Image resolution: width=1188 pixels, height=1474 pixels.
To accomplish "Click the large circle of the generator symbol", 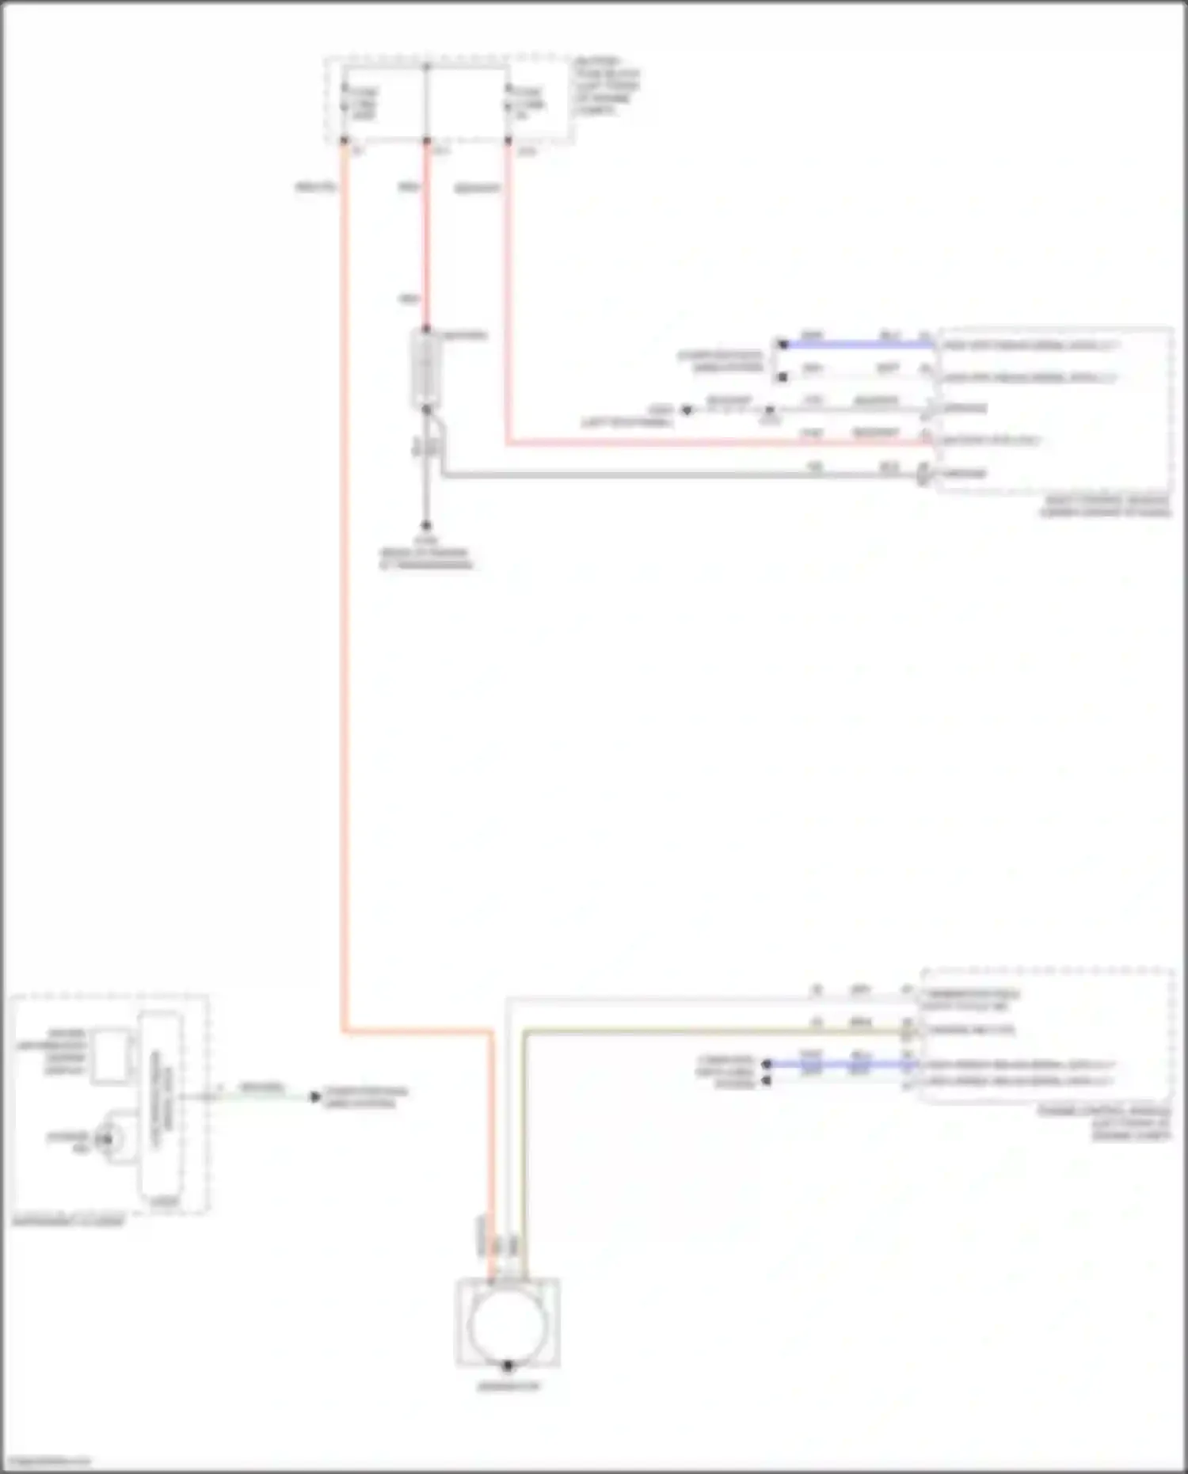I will coord(507,1325).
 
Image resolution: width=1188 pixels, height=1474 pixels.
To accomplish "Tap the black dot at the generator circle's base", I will coord(508,1365).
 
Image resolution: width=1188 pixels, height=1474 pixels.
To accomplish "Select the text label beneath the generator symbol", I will coord(508,1387).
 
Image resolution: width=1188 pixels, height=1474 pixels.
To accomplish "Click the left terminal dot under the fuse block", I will coord(345,141).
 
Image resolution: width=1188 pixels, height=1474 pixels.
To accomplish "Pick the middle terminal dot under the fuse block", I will coord(426,141).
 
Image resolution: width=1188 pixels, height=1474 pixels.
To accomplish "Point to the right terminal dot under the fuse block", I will coord(508,141).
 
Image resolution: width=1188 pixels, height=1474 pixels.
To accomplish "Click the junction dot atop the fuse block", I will coord(426,67).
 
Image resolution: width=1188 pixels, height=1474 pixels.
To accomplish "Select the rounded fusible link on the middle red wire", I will coord(426,369).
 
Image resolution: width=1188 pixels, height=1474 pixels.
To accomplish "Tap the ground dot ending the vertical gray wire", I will coord(426,524).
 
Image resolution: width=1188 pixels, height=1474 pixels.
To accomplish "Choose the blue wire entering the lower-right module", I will coord(840,1065).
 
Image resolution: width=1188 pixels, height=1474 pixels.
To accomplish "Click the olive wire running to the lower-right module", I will coord(713,1031).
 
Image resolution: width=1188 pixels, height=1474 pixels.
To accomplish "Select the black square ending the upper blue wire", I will coord(782,345).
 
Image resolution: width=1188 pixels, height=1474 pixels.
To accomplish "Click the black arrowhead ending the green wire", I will coord(315,1097).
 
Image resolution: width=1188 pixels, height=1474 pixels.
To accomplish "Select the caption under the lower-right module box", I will coord(1105,1123).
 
